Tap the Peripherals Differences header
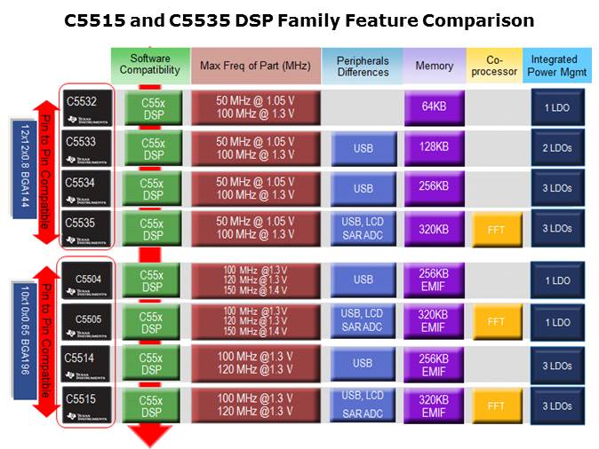tap(363, 66)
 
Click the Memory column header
tap(434, 66)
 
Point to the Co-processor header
tap(493, 66)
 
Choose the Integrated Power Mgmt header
tap(555, 66)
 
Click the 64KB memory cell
tap(434, 107)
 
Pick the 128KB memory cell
tap(434, 147)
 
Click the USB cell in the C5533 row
tap(363, 148)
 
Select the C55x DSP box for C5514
tap(152, 363)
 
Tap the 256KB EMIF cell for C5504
tap(434, 280)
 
